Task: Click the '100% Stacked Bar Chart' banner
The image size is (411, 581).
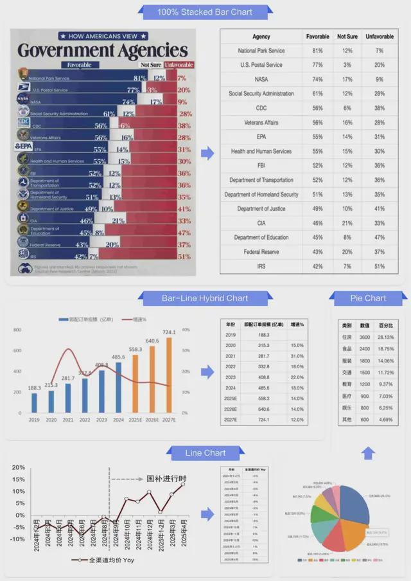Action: coord(205,12)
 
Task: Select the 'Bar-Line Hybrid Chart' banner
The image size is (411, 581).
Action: coord(205,298)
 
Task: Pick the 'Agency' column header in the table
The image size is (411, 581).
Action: coord(261,37)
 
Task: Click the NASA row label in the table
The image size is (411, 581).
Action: coord(261,80)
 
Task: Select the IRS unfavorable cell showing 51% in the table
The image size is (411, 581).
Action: coord(380,266)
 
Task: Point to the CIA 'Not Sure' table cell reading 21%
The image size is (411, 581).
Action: coord(347,223)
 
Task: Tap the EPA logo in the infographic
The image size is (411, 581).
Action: coord(23,147)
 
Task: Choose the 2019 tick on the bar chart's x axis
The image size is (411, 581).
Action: coord(34,420)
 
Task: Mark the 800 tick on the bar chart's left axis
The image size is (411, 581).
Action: coord(17,330)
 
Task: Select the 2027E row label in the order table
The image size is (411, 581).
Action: coord(231,420)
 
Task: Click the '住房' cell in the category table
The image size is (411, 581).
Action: coord(347,337)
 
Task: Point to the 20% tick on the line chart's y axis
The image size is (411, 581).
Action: coord(18,468)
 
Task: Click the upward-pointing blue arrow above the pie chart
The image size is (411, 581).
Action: coord(367,454)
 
